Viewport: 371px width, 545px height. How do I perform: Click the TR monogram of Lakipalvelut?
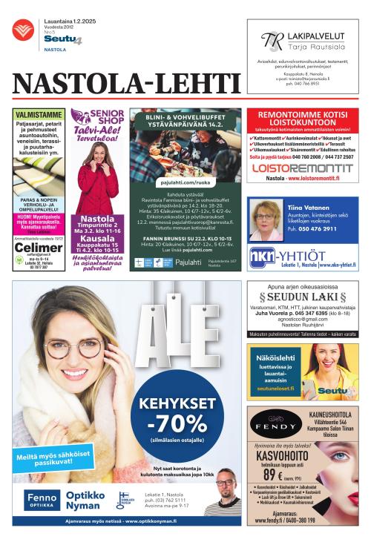point(274,42)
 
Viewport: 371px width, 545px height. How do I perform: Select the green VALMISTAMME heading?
point(38,115)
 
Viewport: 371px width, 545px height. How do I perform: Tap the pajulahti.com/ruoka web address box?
point(185,179)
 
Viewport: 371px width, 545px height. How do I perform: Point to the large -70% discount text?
point(180,426)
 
